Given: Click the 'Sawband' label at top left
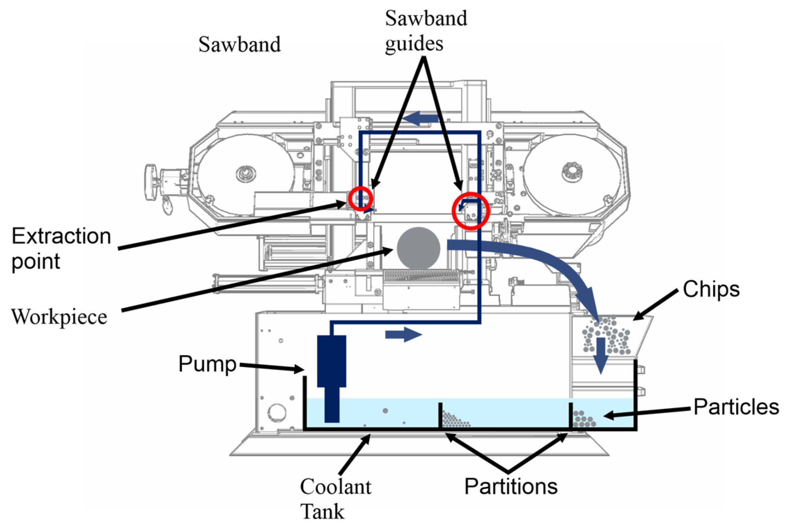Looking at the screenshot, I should click(239, 45).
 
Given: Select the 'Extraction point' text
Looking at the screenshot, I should click(61, 248).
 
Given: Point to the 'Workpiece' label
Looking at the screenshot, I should click(59, 317).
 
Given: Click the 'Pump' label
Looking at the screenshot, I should click(207, 364).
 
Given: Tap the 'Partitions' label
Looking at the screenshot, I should click(511, 486).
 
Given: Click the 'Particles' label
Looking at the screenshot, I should click(736, 407).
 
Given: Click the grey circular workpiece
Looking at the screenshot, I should click(418, 248).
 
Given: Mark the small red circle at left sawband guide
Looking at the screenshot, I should click(361, 199).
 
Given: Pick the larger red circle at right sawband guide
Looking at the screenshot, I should click(471, 211).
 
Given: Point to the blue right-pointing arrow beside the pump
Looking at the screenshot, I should click(403, 335).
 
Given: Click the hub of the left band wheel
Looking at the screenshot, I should click(245, 173).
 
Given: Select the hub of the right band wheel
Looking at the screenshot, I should click(572, 171).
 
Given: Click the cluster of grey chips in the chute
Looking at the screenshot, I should click(607, 335).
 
